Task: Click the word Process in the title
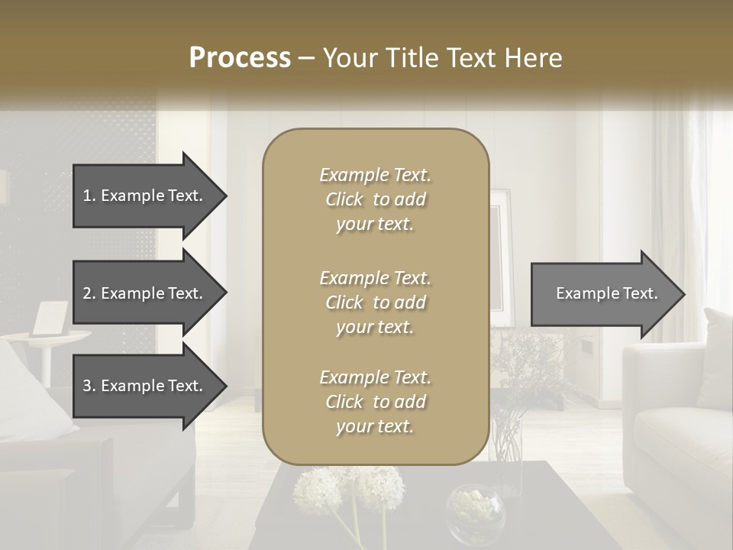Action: tap(240, 58)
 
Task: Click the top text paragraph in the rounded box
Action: tap(375, 200)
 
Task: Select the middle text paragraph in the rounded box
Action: tap(375, 302)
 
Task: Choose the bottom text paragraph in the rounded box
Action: tap(375, 402)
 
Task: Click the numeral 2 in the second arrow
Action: tap(87, 294)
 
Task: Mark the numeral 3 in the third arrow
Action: tap(87, 386)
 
